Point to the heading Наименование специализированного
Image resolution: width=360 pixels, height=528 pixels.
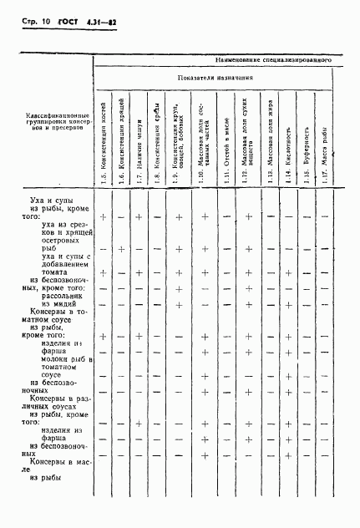(273, 61)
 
